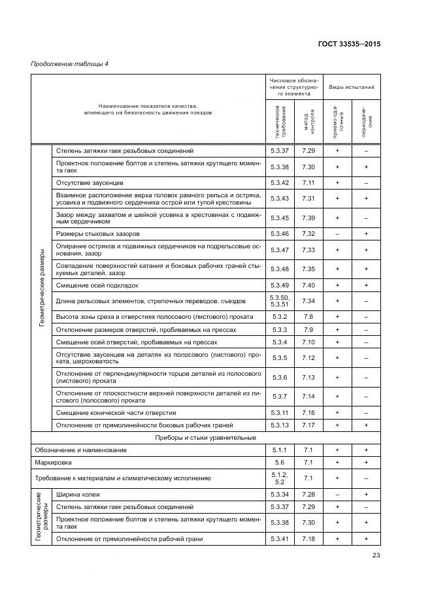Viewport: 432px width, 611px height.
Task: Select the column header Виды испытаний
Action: click(352, 87)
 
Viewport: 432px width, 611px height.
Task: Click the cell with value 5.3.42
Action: click(280, 182)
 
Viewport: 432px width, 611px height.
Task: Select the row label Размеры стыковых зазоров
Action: click(97, 233)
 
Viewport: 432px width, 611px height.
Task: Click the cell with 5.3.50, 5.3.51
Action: click(280, 301)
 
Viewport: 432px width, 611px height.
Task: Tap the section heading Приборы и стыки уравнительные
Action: click(205, 437)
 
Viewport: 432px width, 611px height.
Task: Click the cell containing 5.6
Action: click(280, 463)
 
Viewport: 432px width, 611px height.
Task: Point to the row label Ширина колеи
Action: click(78, 495)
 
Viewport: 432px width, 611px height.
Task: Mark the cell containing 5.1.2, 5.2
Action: click(280, 478)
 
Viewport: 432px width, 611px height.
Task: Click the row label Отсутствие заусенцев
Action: click(90, 182)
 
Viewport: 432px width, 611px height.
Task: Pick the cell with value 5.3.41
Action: click(280, 539)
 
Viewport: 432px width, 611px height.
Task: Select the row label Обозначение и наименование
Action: click(80, 450)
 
